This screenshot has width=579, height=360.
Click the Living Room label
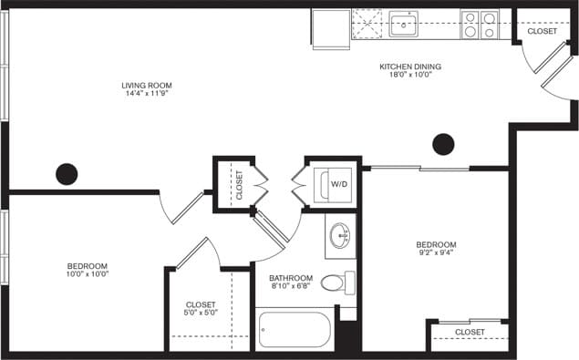point(147,86)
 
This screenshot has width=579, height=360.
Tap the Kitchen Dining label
point(410,67)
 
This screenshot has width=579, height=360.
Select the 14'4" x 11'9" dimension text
point(147,94)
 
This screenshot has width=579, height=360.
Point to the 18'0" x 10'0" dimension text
point(410,76)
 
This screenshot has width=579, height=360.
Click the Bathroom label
point(291,278)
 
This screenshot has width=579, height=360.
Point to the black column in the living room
point(67,172)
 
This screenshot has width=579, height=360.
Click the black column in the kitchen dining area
point(443,144)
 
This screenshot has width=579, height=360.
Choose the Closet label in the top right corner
point(542,31)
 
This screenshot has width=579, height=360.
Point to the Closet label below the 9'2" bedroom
point(470,333)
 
